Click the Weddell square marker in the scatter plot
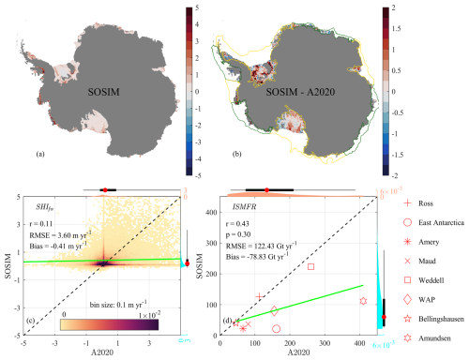tap(310, 267)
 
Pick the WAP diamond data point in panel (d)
tap(275, 310)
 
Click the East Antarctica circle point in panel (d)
tap(276, 329)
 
